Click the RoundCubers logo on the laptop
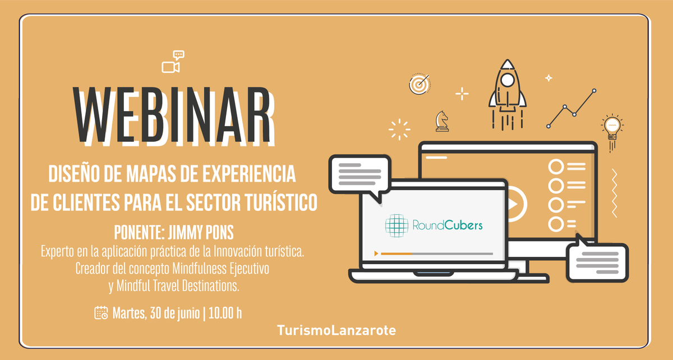(x=433, y=225)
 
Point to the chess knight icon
(x=442, y=121)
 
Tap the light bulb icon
(x=611, y=128)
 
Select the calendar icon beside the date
(x=102, y=312)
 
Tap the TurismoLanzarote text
(x=336, y=330)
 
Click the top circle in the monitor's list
(x=556, y=167)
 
